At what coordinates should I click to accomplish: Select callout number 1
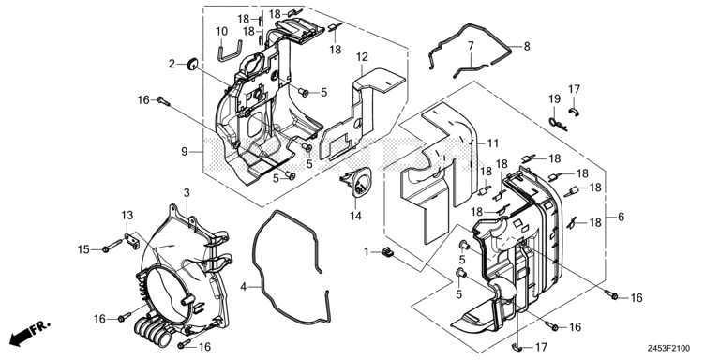(x=368, y=251)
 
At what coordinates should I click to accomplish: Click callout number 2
(x=172, y=64)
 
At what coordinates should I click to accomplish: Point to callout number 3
(x=187, y=193)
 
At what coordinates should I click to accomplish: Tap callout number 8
(x=527, y=45)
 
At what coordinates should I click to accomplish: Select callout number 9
(x=185, y=151)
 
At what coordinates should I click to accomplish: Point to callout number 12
(x=361, y=58)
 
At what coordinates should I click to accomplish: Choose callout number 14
(x=355, y=217)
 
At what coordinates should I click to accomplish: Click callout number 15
(x=84, y=248)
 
